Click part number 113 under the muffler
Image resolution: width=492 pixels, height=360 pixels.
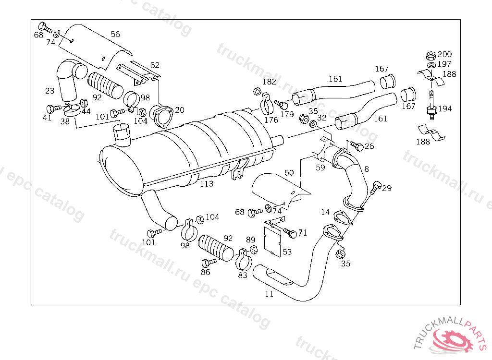(x=207, y=184)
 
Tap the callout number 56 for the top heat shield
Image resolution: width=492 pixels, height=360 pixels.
(x=115, y=35)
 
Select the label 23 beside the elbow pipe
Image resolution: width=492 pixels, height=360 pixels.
(x=50, y=91)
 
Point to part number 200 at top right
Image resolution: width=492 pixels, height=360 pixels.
(x=444, y=55)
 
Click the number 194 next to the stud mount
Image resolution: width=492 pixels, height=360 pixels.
(x=445, y=109)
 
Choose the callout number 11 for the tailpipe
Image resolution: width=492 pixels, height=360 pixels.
(x=269, y=294)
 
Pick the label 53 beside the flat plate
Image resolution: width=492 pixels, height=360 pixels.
(x=287, y=252)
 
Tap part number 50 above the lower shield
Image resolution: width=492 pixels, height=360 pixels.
(x=289, y=172)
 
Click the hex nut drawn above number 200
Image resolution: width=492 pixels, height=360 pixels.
(x=431, y=54)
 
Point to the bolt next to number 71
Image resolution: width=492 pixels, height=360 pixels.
(x=290, y=233)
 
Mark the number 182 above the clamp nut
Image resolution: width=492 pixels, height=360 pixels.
(x=269, y=82)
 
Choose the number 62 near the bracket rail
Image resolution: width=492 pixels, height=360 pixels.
(x=155, y=65)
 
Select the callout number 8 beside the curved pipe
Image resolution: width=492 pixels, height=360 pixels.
(x=367, y=168)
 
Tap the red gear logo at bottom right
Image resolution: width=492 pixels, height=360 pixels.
(x=453, y=339)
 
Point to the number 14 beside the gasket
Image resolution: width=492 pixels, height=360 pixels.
(x=326, y=212)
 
